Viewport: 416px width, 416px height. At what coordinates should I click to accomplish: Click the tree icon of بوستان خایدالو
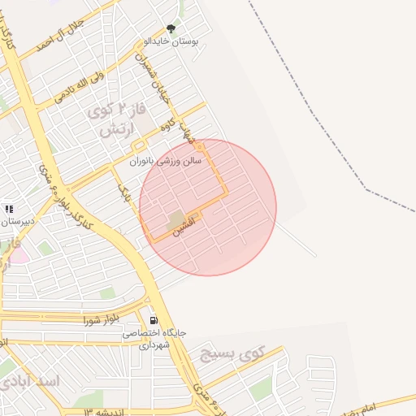point(170,29)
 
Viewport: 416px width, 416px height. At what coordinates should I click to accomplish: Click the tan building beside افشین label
point(175,219)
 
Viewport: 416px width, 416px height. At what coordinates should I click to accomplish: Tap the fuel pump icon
point(154,320)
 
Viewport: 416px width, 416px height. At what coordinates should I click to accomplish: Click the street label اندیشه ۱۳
point(97,411)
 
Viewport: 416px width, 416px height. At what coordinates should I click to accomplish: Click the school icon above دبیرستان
point(9,209)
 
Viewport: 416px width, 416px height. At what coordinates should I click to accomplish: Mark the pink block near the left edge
point(18,255)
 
